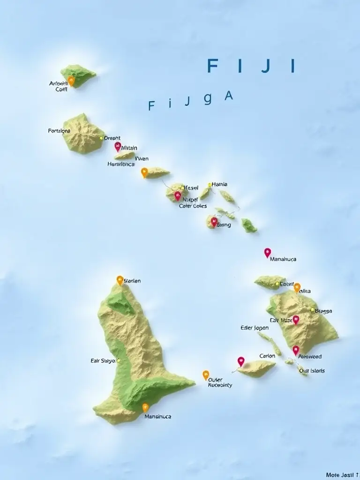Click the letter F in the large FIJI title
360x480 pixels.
212,66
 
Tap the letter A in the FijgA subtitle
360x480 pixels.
229,96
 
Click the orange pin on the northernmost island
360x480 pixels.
71,81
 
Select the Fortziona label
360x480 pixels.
59,131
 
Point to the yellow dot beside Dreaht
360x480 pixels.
101,138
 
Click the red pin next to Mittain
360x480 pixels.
118,146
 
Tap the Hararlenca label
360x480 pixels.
121,165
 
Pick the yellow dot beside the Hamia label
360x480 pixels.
210,185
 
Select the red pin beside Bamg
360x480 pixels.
214,221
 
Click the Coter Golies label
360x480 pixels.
193,206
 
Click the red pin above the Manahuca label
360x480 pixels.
267,252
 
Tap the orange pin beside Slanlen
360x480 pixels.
120,280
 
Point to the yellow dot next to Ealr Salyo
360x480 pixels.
119,360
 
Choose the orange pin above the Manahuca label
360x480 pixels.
145,407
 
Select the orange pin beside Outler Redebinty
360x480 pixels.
206,375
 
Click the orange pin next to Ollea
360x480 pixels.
297,287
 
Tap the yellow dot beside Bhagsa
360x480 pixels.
312,309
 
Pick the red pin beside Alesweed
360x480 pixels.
296,350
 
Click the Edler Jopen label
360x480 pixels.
255,328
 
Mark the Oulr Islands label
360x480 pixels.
312,371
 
